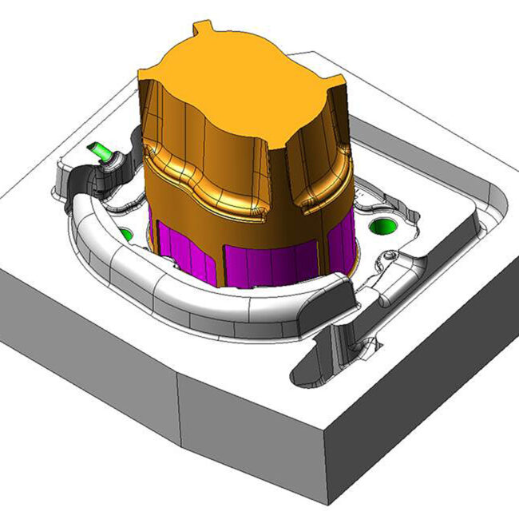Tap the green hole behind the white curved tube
(125, 235)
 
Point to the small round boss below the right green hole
(389, 256)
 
